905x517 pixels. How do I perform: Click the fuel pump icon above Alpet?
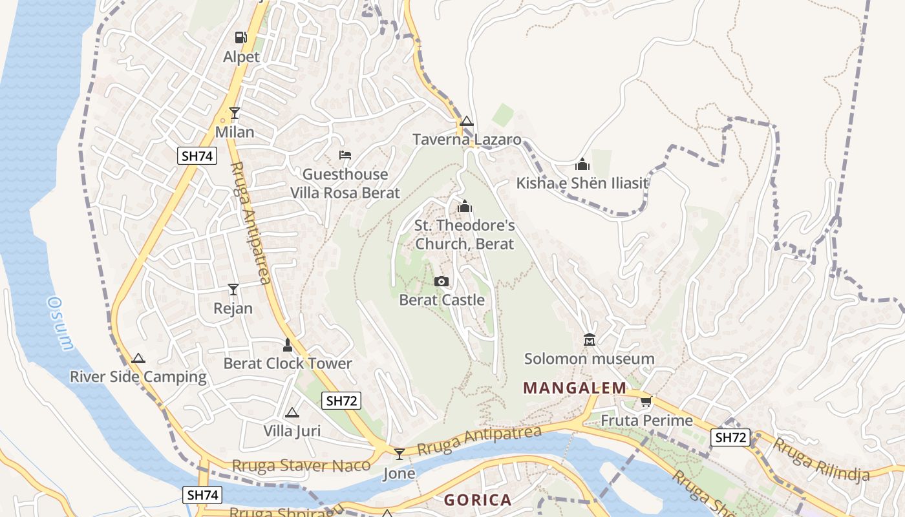click(240, 37)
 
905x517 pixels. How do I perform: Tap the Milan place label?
click(234, 132)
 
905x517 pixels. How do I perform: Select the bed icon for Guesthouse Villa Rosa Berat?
click(345, 155)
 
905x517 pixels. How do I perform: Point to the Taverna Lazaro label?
click(467, 140)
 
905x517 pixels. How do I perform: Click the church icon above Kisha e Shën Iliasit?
click(582, 164)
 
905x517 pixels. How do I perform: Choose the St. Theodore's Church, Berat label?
click(464, 235)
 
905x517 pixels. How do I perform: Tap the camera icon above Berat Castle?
click(442, 281)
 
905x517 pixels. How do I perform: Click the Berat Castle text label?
click(442, 300)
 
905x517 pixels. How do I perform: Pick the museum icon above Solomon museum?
click(589, 339)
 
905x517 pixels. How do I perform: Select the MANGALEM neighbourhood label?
click(574, 388)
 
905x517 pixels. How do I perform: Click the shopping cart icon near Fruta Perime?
click(645, 402)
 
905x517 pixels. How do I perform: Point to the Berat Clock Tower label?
click(288, 363)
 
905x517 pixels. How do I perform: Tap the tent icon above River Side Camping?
click(138, 359)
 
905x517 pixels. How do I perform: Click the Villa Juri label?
click(292, 430)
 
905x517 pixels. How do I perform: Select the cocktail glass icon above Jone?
click(399, 454)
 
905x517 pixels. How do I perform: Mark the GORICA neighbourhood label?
click(478, 500)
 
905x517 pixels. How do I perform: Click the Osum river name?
click(60, 323)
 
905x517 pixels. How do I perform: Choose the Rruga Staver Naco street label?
click(301, 465)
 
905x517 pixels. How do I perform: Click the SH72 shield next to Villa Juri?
click(341, 401)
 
